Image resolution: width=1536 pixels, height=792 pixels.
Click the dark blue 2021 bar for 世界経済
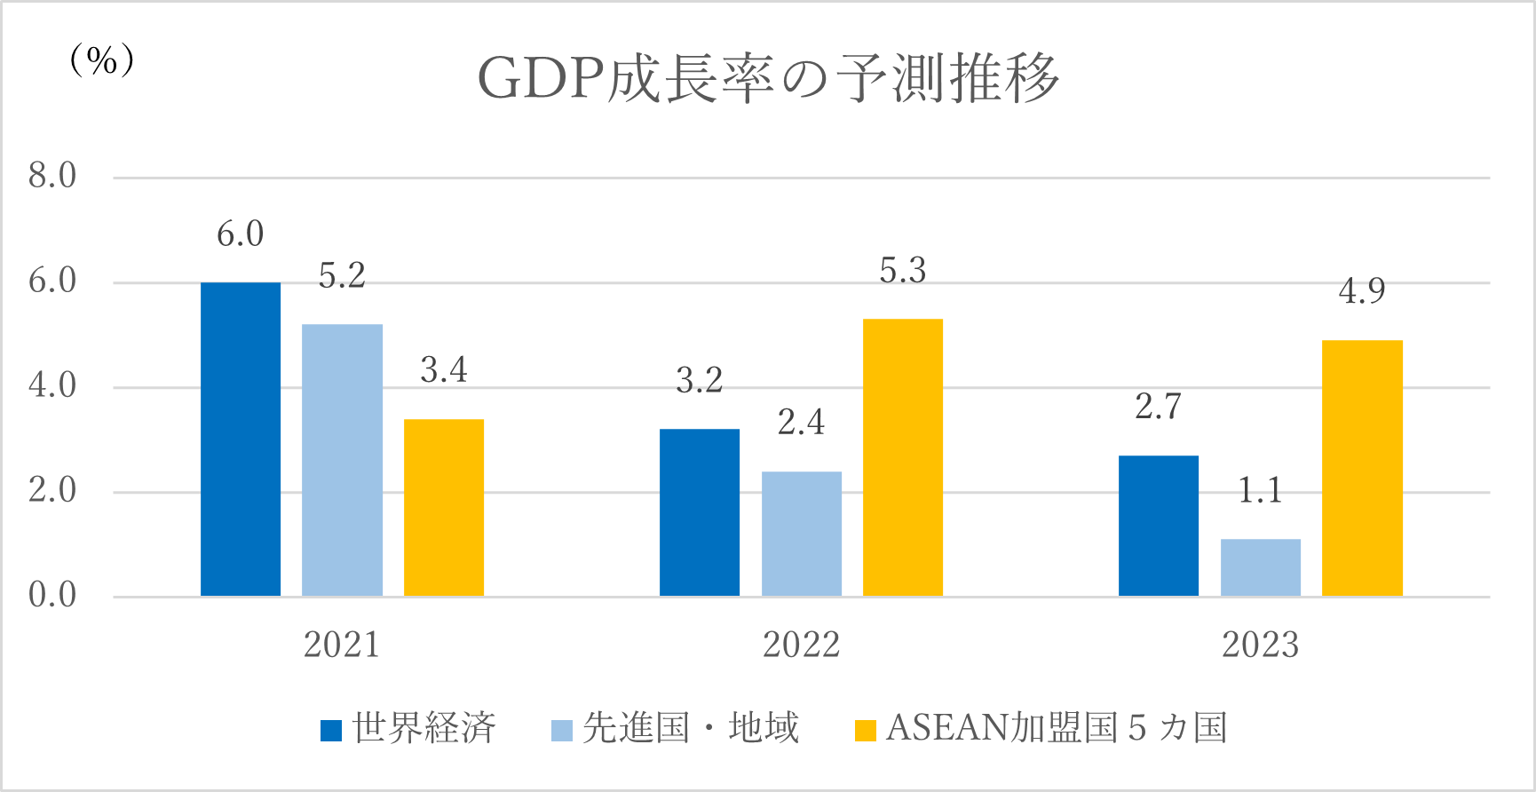(x=241, y=439)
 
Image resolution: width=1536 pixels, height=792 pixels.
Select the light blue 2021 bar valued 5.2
(x=342, y=460)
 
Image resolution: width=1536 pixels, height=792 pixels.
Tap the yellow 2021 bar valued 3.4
(x=444, y=507)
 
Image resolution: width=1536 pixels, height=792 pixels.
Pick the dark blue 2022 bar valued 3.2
(x=700, y=512)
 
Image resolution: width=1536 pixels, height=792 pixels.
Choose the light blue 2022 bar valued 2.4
(x=802, y=534)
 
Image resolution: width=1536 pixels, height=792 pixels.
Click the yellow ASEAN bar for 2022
(x=903, y=457)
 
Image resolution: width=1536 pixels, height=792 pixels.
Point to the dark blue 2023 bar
(x=1159, y=526)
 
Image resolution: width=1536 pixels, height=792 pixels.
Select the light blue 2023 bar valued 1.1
(x=1261, y=567)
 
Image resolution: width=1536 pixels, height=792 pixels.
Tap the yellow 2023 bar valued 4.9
(x=1362, y=468)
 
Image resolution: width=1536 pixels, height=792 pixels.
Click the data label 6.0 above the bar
(x=241, y=234)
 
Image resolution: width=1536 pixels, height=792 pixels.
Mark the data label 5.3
(x=903, y=271)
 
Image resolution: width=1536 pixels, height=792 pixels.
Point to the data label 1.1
(x=1261, y=490)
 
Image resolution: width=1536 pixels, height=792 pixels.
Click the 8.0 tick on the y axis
(x=52, y=176)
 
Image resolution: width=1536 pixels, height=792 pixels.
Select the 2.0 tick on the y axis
(x=52, y=490)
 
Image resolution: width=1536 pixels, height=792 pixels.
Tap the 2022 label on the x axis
(x=802, y=645)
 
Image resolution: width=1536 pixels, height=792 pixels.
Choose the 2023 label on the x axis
(x=1261, y=645)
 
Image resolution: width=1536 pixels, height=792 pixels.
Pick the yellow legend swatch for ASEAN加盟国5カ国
(x=865, y=730)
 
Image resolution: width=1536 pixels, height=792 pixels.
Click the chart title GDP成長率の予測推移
(x=769, y=78)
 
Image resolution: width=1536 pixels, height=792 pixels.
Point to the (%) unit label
(x=102, y=60)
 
